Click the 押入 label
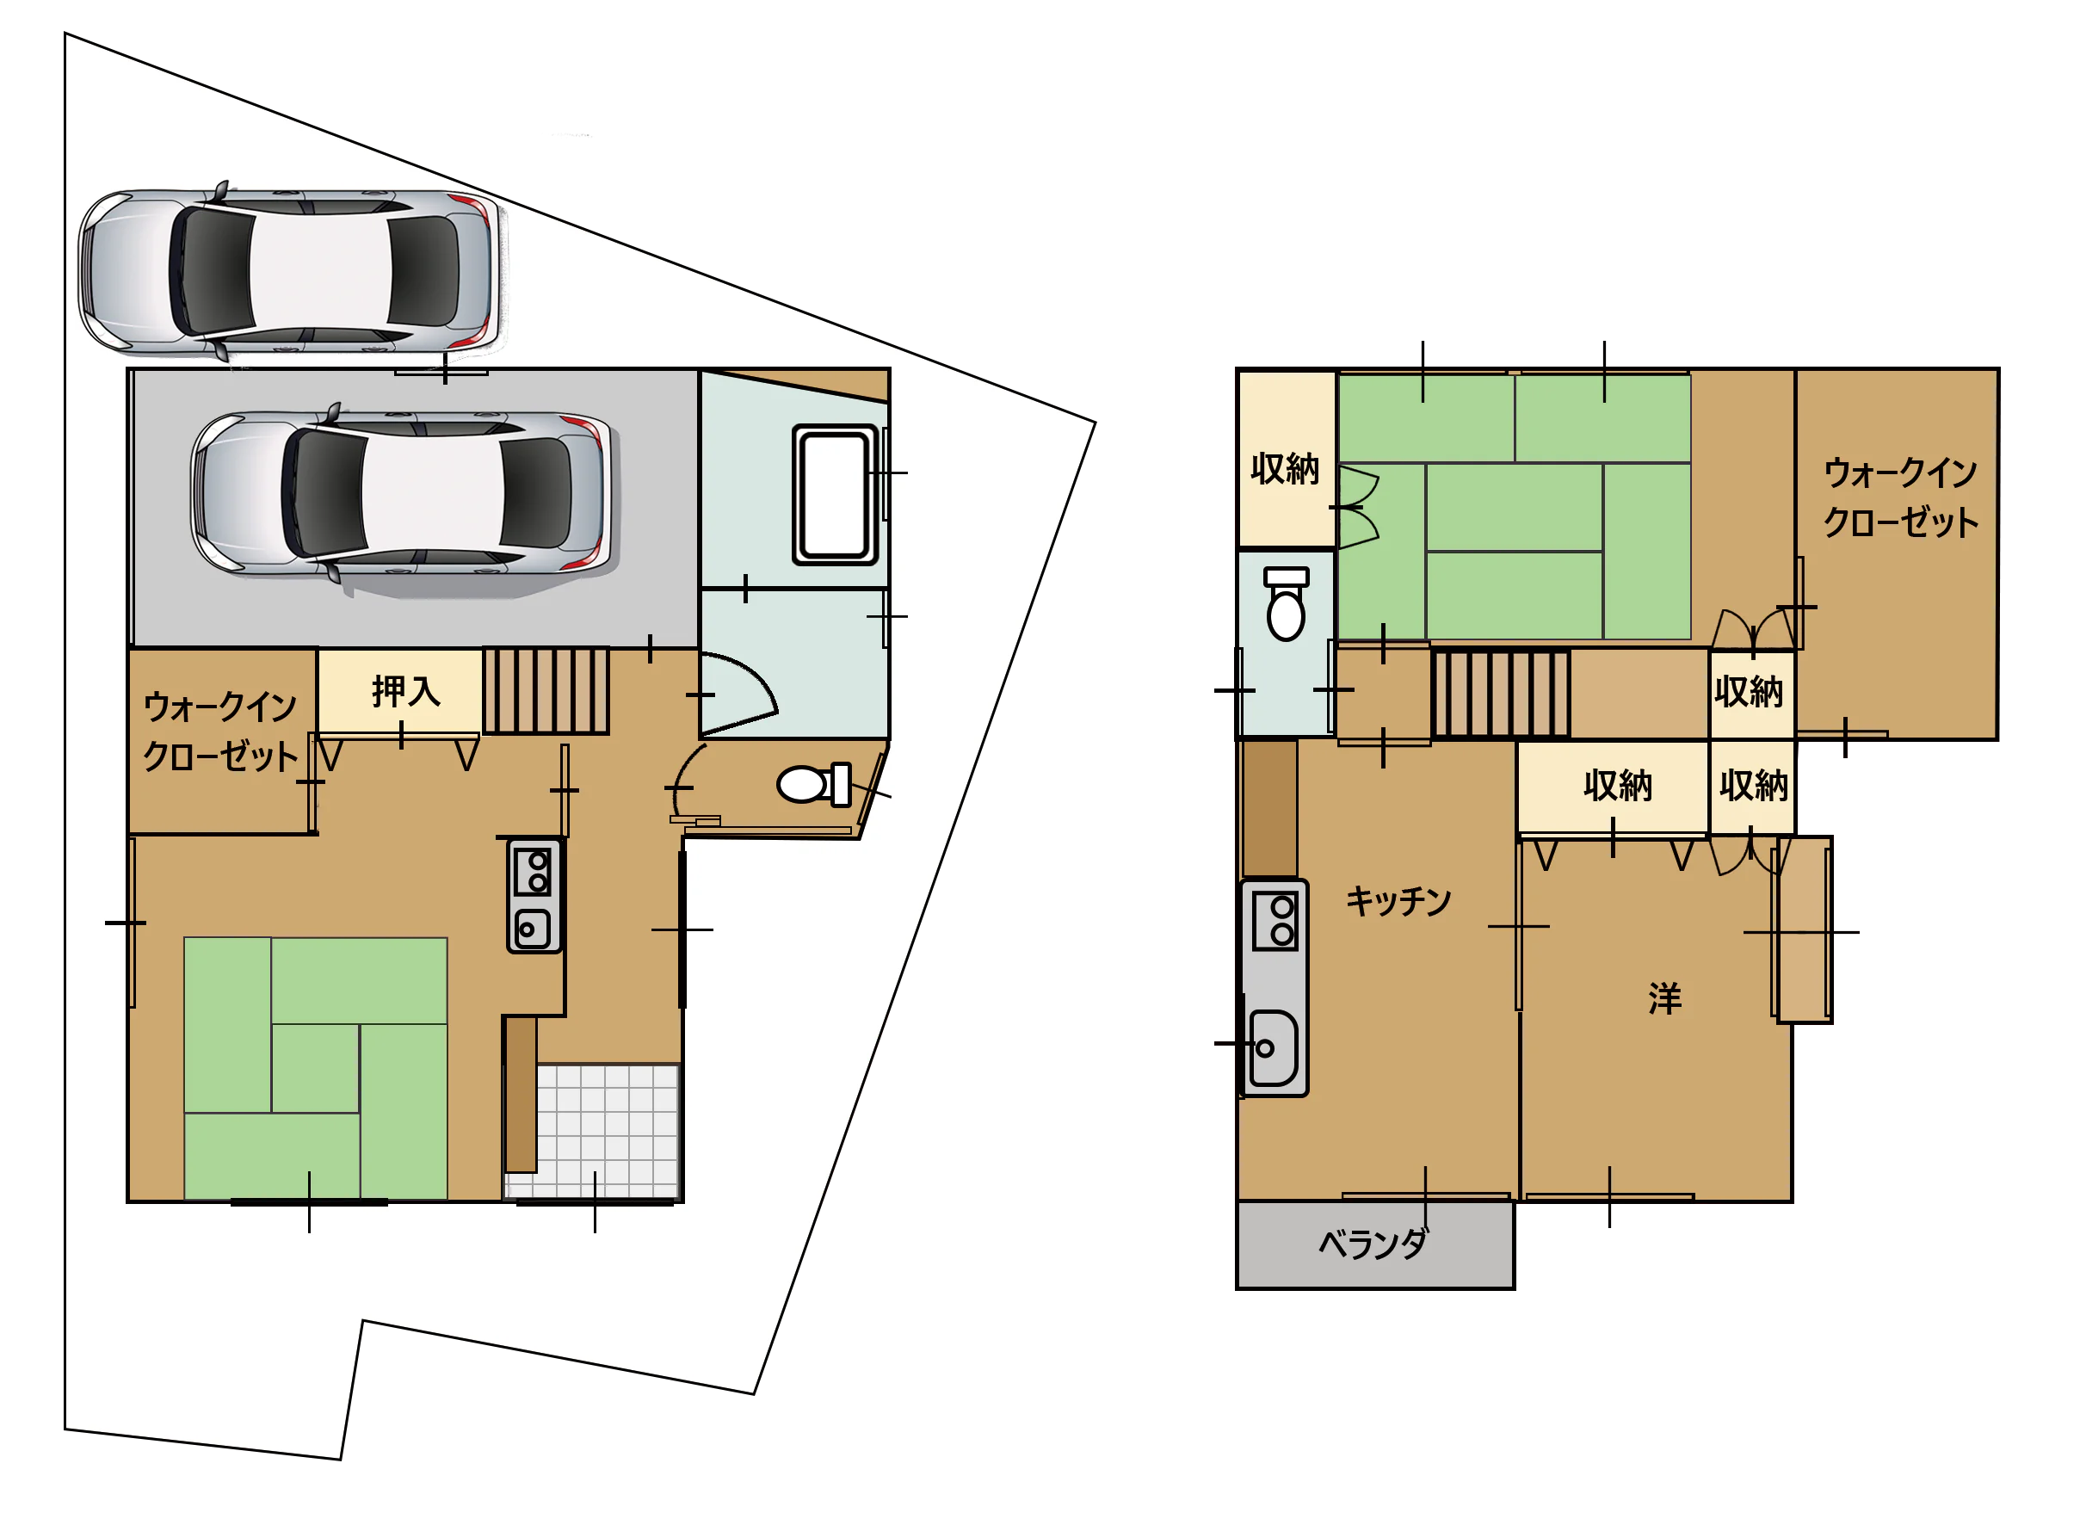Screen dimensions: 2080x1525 (406, 691)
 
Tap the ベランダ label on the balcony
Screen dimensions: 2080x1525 (1373, 1244)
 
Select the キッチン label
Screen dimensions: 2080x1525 (1399, 901)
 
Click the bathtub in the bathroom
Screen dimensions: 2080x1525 (834, 495)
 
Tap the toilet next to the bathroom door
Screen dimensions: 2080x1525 (814, 785)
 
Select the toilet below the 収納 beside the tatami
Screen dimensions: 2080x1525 (1287, 604)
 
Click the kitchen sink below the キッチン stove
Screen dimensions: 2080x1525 (1274, 1049)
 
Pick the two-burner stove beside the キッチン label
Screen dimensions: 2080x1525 (1275, 921)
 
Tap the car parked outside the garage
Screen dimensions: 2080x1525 (293, 272)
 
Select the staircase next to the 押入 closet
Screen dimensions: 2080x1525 (546, 690)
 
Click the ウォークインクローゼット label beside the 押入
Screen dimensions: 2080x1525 (220, 732)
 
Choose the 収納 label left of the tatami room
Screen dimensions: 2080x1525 (1286, 469)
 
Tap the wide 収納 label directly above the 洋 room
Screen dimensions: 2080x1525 (1618, 786)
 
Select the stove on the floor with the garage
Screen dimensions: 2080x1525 (534, 895)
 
